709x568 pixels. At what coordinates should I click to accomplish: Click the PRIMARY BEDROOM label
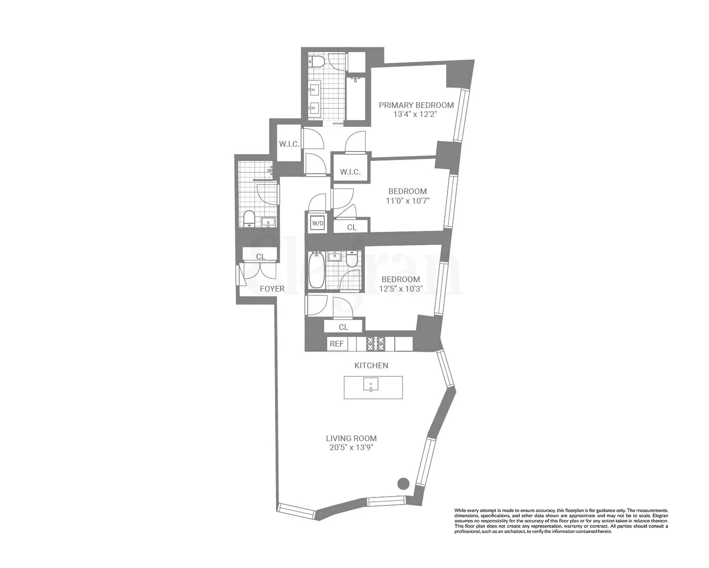[x=416, y=105]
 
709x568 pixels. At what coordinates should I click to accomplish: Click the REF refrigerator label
[x=337, y=344]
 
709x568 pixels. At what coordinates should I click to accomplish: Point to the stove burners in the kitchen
[x=376, y=344]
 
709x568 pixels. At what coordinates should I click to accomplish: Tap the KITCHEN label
[x=372, y=365]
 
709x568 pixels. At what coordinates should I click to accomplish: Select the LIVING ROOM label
[x=351, y=438]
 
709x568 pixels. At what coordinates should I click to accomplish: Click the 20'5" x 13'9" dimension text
[x=351, y=448]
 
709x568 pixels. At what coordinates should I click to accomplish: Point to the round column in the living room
[x=403, y=483]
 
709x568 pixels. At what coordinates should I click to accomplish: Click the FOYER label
[x=272, y=289]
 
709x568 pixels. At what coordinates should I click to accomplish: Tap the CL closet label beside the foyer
[x=260, y=257]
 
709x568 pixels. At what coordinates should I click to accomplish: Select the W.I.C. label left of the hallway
[x=289, y=144]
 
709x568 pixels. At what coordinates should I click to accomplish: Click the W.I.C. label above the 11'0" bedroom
[x=350, y=172]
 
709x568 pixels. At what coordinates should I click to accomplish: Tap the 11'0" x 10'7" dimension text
[x=407, y=201]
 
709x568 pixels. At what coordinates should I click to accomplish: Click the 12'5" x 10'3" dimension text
[x=401, y=289]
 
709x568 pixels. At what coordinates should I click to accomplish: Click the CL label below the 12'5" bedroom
[x=344, y=327]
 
